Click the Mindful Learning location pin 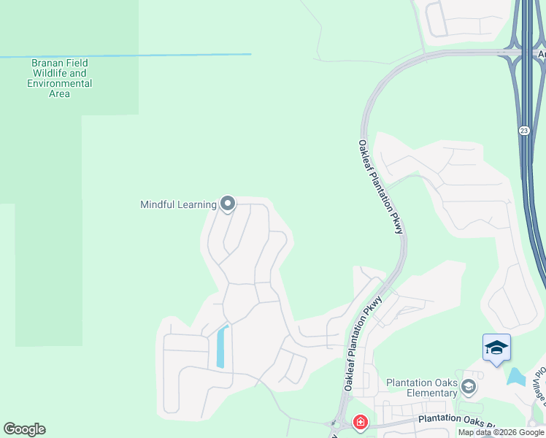tap(227, 204)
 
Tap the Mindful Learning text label tap(178, 204)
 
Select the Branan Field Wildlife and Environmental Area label tap(59, 78)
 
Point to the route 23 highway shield tap(524, 130)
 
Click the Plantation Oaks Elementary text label tap(422, 388)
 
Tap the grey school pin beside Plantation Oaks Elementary tap(469, 386)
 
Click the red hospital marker tap(360, 422)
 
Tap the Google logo tap(24, 429)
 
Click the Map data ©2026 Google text tap(500, 432)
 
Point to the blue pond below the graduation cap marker tap(515, 377)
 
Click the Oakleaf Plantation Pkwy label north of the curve tap(381, 187)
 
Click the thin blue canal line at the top tap(124, 55)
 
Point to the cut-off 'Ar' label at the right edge tap(541, 54)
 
